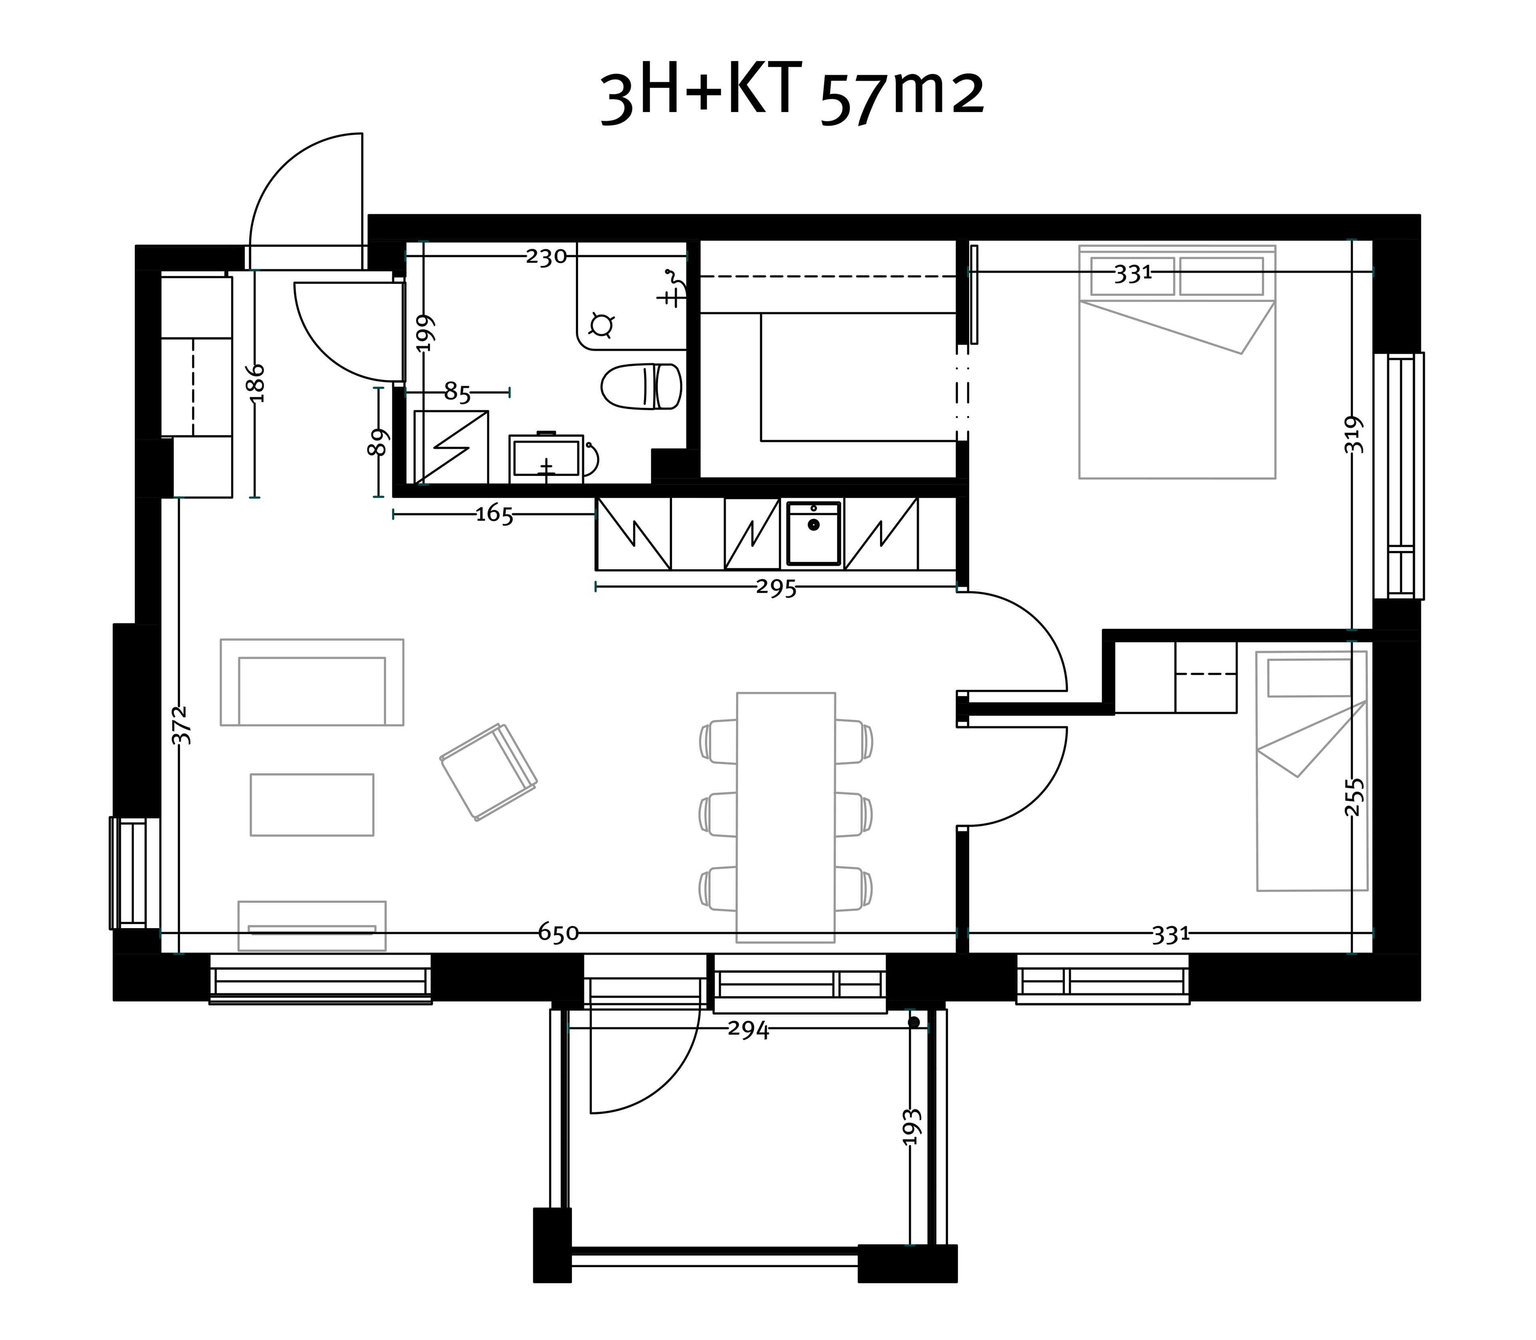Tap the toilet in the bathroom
pos(642,387)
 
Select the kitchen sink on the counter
pos(814,534)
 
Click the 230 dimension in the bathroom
pos(546,256)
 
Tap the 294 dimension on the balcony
pos(748,1030)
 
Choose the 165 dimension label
pos(495,515)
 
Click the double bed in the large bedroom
pos(1177,362)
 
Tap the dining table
pos(786,817)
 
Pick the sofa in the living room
pos(312,682)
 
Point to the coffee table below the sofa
pos(312,805)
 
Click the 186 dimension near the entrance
pos(256,383)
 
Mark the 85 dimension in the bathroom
pos(458,391)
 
